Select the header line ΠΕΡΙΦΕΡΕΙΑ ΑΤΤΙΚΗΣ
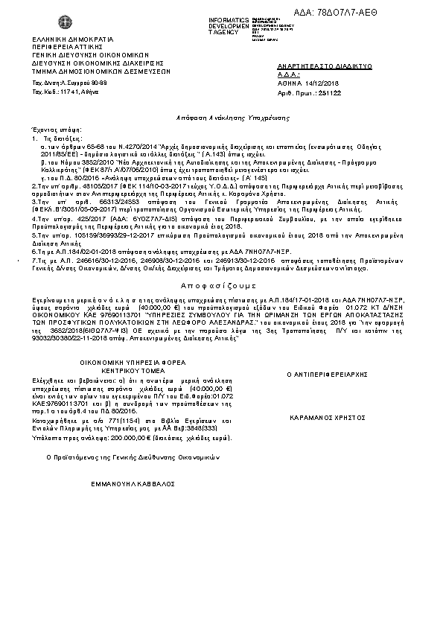[65, 46]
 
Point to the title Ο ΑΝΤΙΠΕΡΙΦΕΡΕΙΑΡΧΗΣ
[325, 372]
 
